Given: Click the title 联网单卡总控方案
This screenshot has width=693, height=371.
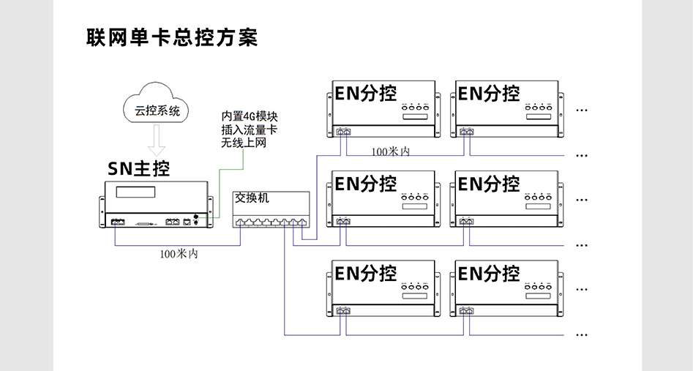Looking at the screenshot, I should pos(172,38).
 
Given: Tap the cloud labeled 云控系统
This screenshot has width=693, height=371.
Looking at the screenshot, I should pos(157,111).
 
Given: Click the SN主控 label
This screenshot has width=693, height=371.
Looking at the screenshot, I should pos(139,169).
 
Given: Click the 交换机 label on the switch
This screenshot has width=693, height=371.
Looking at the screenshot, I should pos(252,198).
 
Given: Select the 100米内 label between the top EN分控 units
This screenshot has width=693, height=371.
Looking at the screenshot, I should pos(390,151).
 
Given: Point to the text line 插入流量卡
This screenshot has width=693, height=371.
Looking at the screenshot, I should pos(250,130).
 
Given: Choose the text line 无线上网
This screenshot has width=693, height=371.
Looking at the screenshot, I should pos(244,143).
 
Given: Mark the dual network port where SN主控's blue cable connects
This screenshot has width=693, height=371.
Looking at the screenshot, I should pos(117,220).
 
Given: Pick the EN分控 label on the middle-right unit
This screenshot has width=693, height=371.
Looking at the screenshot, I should pos(489,183).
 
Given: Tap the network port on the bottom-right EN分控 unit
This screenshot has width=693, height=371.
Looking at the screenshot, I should pos(466,311).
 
